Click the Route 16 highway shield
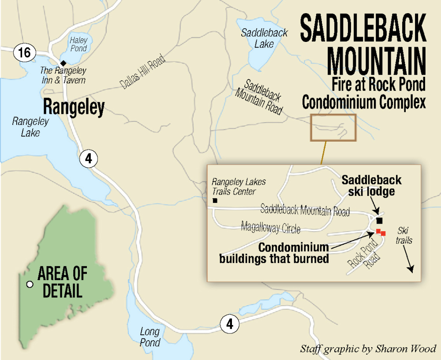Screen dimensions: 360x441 (x=24, y=53)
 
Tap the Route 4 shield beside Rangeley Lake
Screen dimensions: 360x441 (x=89, y=159)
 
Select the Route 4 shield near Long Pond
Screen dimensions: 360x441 (x=229, y=324)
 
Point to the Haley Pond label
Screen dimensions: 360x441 (x=78, y=44)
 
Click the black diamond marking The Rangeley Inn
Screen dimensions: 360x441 (x=63, y=62)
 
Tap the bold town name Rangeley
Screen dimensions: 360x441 (x=73, y=107)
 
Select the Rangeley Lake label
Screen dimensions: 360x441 (x=26, y=127)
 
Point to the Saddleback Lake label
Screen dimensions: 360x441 (x=264, y=38)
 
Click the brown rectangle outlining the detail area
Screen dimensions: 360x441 (x=333, y=127)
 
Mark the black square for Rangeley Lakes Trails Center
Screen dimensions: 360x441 (x=215, y=201)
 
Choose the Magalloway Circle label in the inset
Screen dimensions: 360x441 (x=270, y=229)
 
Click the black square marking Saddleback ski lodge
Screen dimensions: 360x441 (x=379, y=221)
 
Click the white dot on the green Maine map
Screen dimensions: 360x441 (x=30, y=285)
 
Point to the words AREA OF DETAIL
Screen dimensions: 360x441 (x=62, y=282)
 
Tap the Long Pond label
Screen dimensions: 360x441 (x=150, y=337)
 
